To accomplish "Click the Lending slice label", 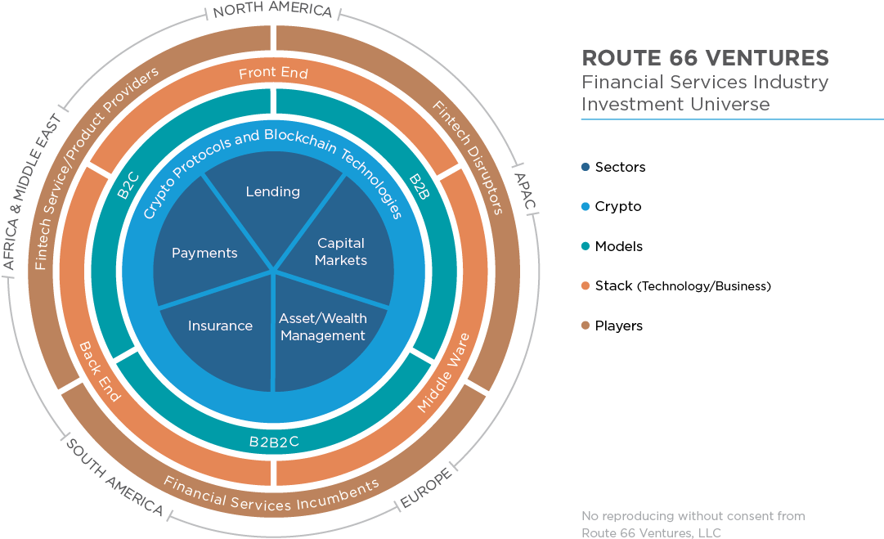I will click(x=272, y=191).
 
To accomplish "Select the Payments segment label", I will click(x=204, y=253).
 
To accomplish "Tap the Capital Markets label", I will click(x=341, y=251).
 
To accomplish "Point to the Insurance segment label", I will click(x=220, y=326).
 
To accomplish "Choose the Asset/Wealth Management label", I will click(x=322, y=326).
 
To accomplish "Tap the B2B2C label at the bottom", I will click(x=274, y=442).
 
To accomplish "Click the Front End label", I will click(x=273, y=74).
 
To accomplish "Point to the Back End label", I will click(x=99, y=371).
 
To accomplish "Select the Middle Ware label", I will click(x=443, y=372).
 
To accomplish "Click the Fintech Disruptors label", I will click(x=467, y=156).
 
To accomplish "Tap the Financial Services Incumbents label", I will click(x=271, y=493).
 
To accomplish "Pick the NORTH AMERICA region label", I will click(x=272, y=11).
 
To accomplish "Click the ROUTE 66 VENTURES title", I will click(x=705, y=58).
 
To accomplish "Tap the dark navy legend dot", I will click(x=585, y=167).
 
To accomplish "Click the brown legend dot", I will click(x=585, y=325).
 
